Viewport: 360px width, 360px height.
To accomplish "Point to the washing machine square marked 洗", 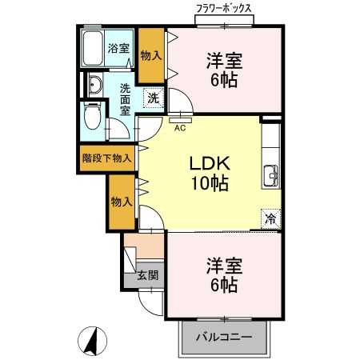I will click(152, 98).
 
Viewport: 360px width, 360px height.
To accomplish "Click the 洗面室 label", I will click(126, 101).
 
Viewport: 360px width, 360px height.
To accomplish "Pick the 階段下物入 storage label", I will click(107, 158).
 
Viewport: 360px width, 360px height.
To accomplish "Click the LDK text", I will click(210, 163).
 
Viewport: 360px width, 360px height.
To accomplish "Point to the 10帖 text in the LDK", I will click(210, 183).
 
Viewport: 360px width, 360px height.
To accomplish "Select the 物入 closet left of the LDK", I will click(122, 202).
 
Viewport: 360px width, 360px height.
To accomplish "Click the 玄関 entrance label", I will click(147, 275).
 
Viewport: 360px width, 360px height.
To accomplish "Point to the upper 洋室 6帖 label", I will click(223, 70).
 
